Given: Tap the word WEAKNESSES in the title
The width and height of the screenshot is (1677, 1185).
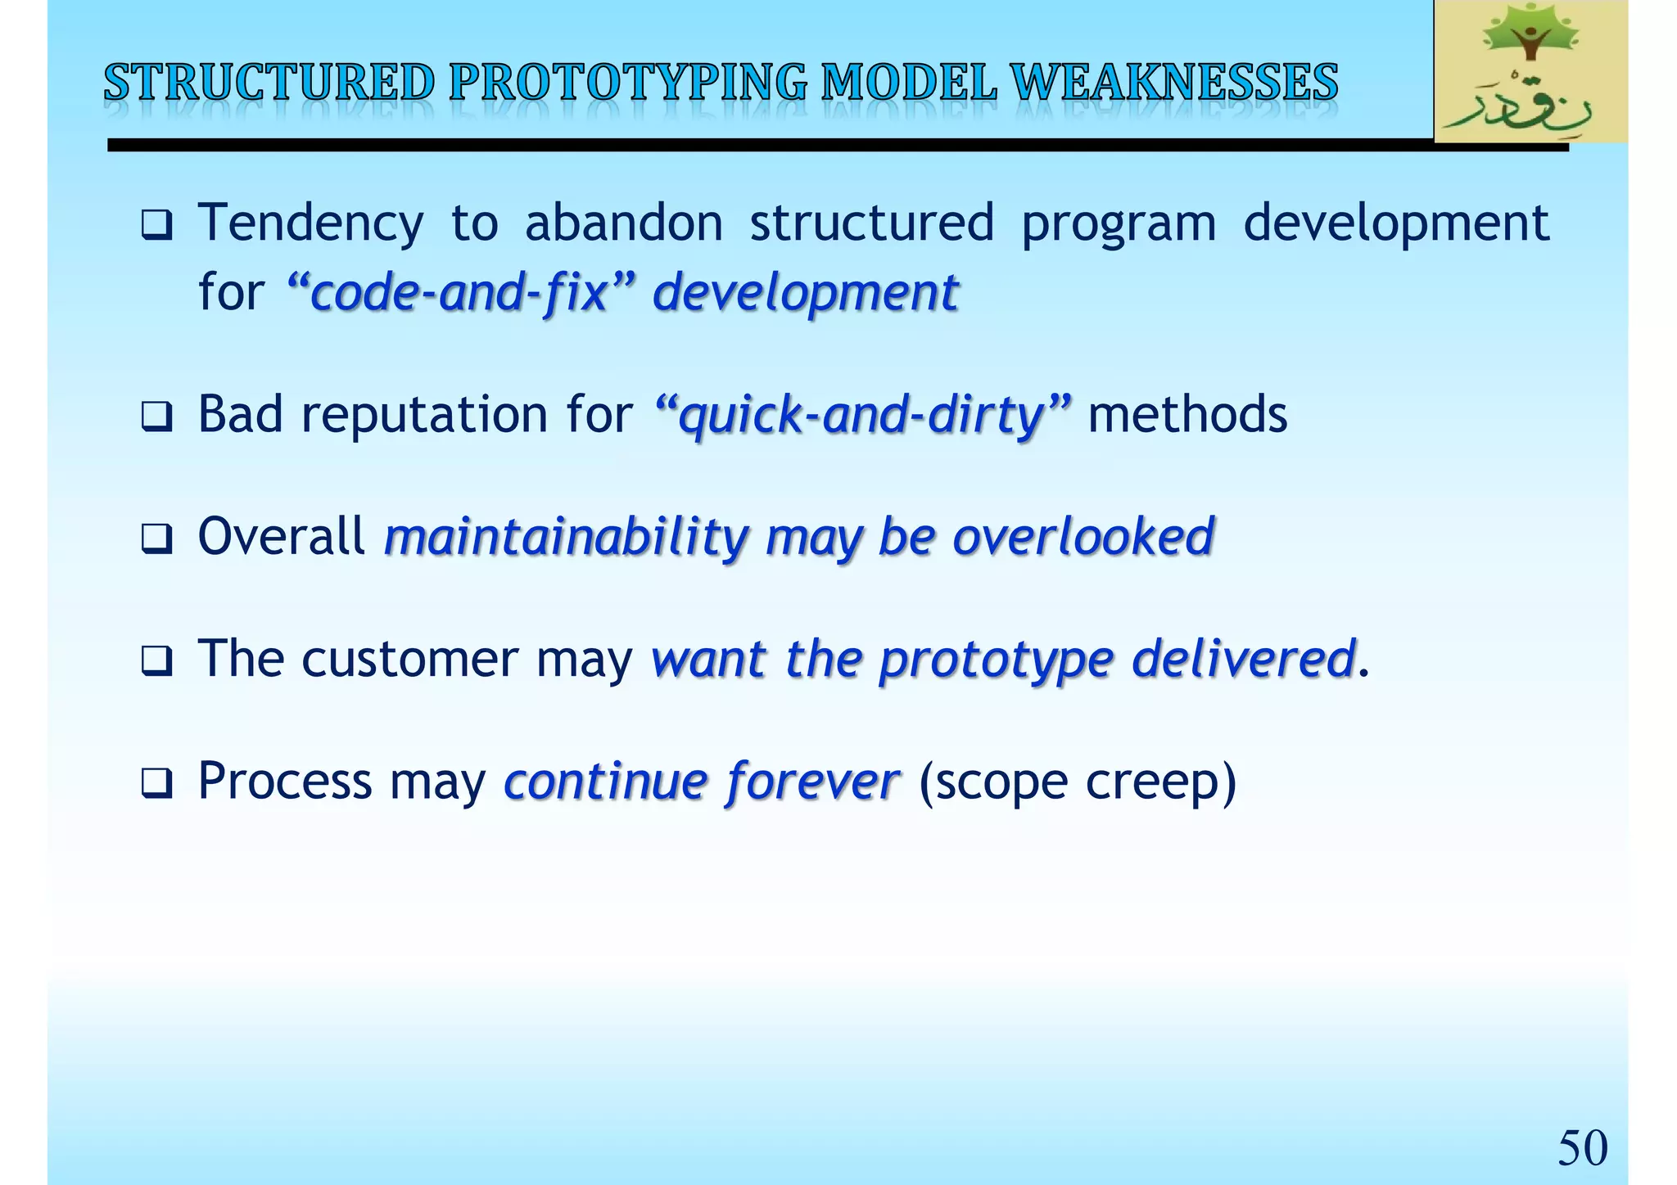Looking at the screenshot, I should (x=1174, y=83).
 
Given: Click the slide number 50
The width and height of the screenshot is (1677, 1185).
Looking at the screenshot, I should (x=1582, y=1147).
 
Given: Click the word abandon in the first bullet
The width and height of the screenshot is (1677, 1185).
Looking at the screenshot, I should (x=624, y=223).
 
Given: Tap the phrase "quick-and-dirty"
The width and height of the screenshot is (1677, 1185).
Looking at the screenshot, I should (x=863, y=415).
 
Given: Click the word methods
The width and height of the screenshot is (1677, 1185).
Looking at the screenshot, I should (x=1187, y=415).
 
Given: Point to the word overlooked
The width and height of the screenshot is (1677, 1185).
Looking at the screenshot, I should (x=1083, y=538).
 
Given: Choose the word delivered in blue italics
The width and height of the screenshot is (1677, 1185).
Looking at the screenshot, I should (x=1242, y=660).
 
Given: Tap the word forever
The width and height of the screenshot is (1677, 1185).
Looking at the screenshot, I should (x=812, y=782).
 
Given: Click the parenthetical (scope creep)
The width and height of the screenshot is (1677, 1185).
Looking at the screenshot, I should (x=1078, y=782).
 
